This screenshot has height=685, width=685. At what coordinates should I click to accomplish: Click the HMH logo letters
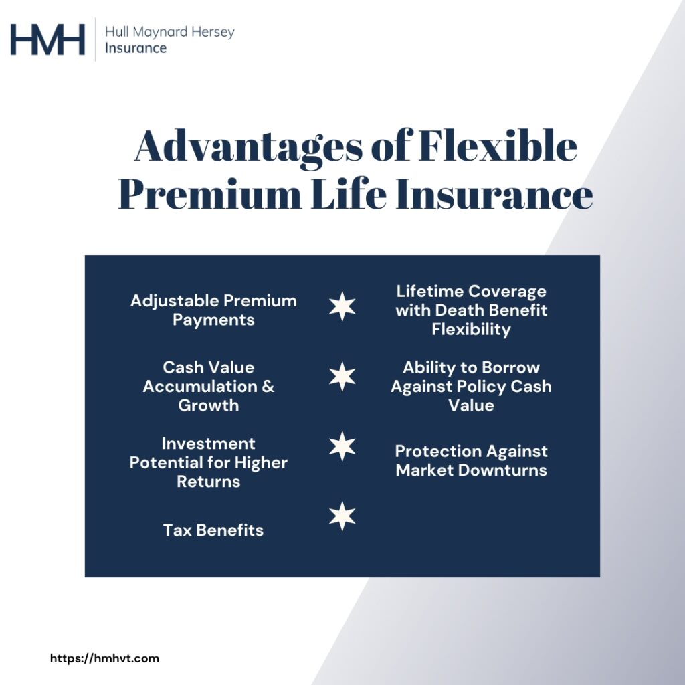(x=47, y=39)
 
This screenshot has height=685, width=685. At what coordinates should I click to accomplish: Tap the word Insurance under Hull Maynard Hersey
(x=135, y=48)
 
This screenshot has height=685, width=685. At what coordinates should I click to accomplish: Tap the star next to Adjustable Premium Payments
(x=342, y=307)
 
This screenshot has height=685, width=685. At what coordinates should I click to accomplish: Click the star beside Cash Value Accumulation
(x=342, y=377)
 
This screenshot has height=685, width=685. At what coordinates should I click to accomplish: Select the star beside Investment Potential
(x=342, y=446)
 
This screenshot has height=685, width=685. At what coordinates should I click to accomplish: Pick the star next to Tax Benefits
(x=342, y=516)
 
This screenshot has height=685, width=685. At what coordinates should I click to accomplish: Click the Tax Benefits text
(x=213, y=530)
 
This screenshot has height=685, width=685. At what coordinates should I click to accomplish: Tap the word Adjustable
(x=175, y=301)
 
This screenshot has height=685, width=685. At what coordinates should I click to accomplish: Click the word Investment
(x=209, y=444)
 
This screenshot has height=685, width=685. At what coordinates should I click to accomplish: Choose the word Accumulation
(x=191, y=387)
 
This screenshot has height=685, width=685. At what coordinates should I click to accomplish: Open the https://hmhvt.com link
(x=105, y=658)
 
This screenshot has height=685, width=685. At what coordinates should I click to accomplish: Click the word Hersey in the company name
(x=213, y=31)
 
